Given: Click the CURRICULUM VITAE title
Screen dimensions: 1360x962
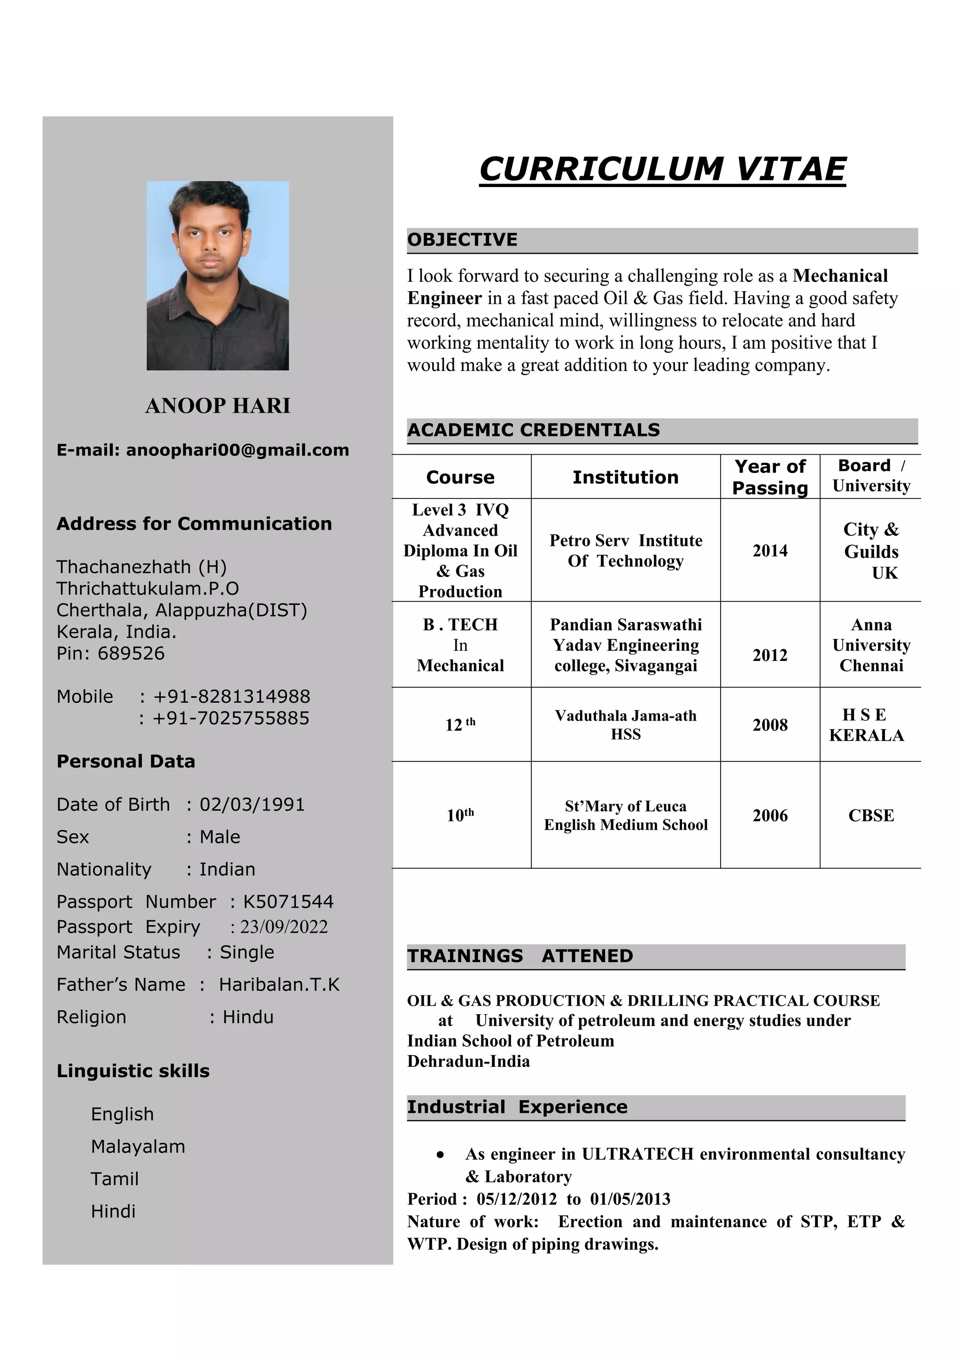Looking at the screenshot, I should click(662, 170).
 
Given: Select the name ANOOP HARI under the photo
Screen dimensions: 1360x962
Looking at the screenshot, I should click(217, 406).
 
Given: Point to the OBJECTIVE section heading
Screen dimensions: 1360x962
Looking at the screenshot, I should click(462, 240).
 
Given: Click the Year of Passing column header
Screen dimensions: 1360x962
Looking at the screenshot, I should click(769, 477).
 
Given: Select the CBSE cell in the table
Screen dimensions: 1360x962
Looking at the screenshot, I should click(871, 816).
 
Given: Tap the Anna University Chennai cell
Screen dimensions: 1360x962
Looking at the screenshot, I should click(871, 645).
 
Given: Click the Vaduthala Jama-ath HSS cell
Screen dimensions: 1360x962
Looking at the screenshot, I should click(626, 724).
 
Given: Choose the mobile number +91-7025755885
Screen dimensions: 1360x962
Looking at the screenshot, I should click(231, 718).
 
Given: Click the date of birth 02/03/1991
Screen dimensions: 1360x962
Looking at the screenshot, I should click(252, 804).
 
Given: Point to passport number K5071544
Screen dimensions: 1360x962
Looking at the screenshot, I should click(288, 901).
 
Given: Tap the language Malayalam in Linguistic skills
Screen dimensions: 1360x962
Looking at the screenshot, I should click(138, 1147).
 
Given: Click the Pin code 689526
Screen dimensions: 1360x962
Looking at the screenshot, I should click(131, 653).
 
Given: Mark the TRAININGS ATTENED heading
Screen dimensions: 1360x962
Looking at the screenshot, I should click(520, 956).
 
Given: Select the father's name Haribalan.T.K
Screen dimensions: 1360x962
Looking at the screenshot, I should click(279, 985).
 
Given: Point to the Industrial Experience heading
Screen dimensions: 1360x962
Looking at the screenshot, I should click(517, 1107).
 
